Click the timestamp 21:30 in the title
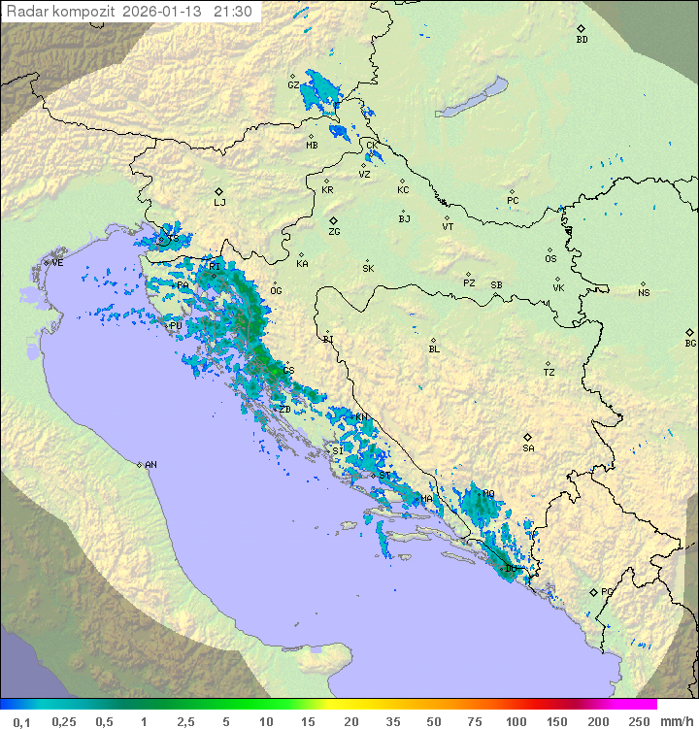coord(233,12)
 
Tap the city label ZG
coord(334,232)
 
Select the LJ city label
coord(219,202)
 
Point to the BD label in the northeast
coord(582,40)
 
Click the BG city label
coord(690,343)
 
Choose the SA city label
coord(528,447)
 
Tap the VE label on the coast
coord(57,263)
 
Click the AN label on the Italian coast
coord(150,465)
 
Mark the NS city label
coord(644,293)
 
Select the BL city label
coord(434,348)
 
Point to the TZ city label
coord(549,372)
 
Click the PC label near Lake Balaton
coord(513,201)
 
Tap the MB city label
coord(312,146)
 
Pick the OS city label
coord(550,259)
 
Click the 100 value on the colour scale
coord(516,721)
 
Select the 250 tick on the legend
coord(639,721)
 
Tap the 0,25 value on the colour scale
coord(64,721)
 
